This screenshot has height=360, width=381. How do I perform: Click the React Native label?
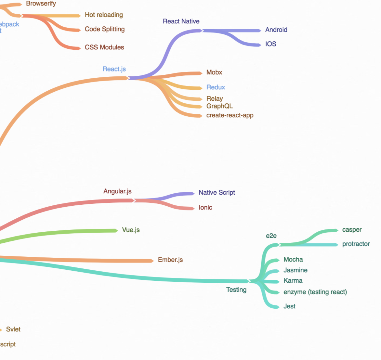(181, 21)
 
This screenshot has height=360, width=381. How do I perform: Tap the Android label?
(276, 30)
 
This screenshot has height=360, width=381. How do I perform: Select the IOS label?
(270, 44)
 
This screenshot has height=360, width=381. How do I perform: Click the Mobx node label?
(214, 72)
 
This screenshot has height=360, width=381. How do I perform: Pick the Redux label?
(216, 87)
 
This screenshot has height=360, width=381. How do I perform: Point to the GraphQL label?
(219, 106)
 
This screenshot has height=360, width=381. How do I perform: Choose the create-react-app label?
(230, 115)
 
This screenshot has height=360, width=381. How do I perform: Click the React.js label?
(114, 69)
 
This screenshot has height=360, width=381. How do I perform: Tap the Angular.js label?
(117, 191)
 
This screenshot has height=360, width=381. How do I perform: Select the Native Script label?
(217, 193)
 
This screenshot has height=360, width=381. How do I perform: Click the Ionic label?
(205, 208)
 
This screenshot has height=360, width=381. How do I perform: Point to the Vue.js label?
(131, 230)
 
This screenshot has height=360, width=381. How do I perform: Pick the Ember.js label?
(170, 260)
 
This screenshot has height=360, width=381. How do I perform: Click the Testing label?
(236, 290)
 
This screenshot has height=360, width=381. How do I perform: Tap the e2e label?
(271, 236)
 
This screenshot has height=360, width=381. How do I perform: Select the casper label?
(352, 230)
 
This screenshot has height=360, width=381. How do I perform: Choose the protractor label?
(356, 244)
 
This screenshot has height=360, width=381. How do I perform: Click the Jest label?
(289, 306)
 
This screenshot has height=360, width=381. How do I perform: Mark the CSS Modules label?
(104, 47)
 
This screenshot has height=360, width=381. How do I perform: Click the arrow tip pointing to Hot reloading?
(79, 16)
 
